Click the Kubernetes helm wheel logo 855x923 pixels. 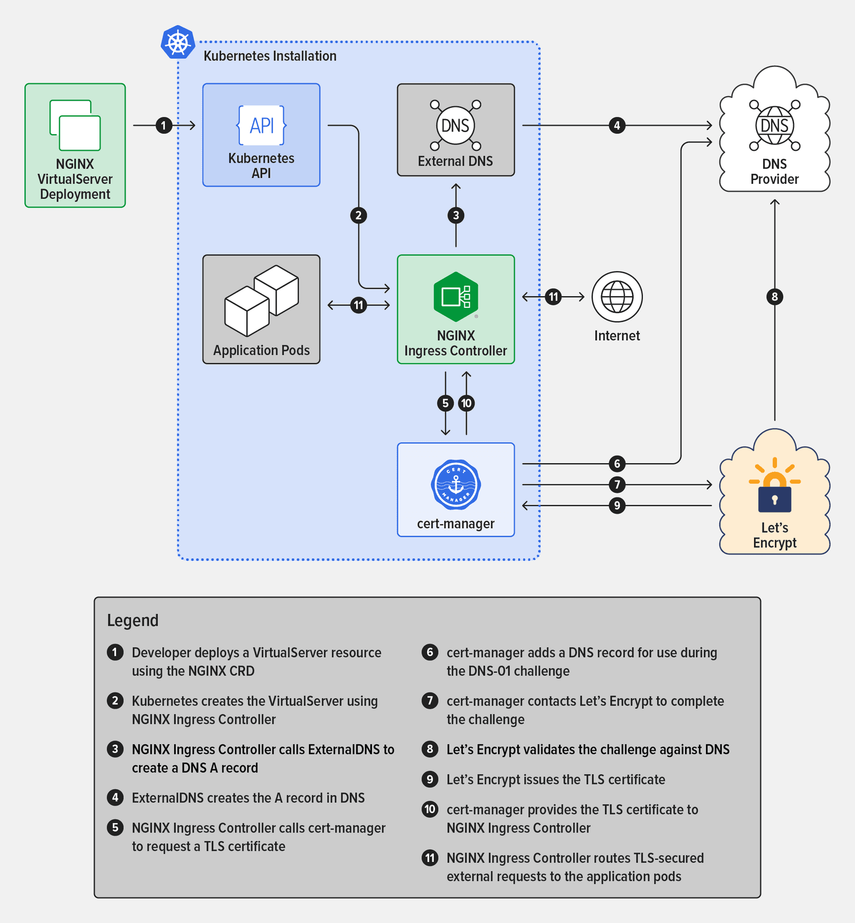178,42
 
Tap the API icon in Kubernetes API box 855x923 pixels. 261,126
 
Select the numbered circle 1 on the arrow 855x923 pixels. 164,126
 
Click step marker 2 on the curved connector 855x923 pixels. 359,215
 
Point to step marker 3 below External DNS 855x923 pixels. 456,215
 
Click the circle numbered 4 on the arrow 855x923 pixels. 617,126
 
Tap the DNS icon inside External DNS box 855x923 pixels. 455,126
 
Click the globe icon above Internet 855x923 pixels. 617,297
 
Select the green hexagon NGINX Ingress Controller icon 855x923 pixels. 455,297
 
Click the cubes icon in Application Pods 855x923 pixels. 261,301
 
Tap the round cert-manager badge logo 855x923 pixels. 455,485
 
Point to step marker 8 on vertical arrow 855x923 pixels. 775,297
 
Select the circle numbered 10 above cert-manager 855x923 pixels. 467,403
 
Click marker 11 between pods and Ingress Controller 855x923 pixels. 359,305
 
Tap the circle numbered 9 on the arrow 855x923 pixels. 617,506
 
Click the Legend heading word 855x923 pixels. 133,620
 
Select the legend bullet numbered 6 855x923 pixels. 430,652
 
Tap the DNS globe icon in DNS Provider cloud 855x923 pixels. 774,126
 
